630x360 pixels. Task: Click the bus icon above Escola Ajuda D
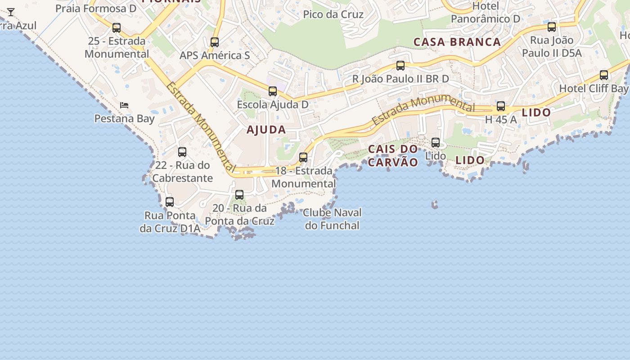pos(273,91)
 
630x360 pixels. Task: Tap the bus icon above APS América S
pos(215,42)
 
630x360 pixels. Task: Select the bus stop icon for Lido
pos(436,143)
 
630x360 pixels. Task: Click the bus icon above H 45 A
pos(501,106)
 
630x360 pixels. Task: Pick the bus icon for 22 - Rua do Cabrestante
pos(182,152)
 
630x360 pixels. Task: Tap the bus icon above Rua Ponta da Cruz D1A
pos(170,202)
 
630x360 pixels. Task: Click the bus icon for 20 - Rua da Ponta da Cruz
pos(239,195)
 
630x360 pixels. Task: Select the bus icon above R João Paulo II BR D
pos(400,66)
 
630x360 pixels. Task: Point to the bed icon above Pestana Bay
pos(124,105)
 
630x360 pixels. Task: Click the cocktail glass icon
pos(11,12)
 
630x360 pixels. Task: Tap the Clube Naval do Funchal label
pos(332,219)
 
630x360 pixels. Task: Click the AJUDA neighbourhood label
pos(266,130)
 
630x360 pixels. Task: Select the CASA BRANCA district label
pos(457,42)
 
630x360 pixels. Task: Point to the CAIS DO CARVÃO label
pos(393,155)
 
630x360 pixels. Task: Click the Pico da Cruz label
pos(333,14)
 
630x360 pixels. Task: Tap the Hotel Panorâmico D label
pos(486,13)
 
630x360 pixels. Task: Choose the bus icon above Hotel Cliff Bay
pos(604,75)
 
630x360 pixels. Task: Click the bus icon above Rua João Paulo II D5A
pos(552,27)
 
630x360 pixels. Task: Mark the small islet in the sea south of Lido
pos(435,205)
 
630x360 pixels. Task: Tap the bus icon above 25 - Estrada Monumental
pos(117,28)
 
